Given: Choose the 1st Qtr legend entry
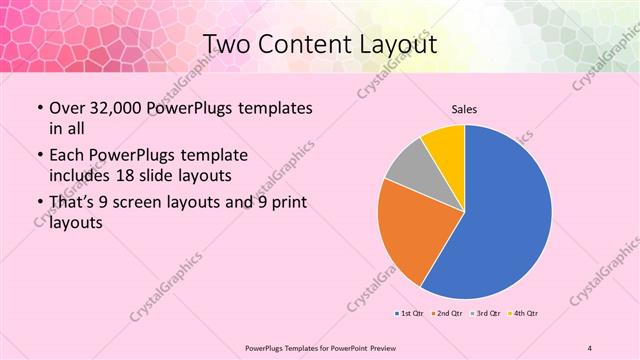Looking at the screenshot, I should [x=410, y=314].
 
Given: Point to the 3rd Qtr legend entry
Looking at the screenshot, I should [x=485, y=314].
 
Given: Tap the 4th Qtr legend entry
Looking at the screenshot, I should [x=523, y=314].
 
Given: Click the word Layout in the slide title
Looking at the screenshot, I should [x=391, y=45].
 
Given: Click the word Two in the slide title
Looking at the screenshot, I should [x=227, y=45].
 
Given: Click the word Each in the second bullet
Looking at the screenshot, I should [x=67, y=156].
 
